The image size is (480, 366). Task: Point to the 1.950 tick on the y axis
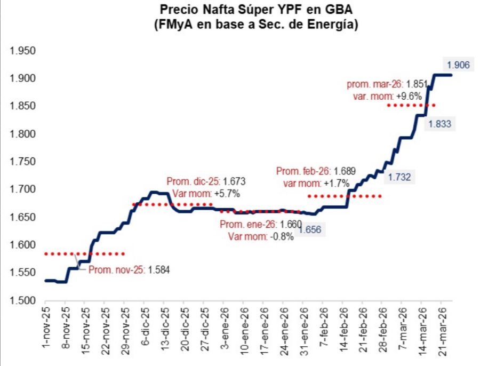click(x=22, y=51)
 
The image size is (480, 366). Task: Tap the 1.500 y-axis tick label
click(x=22, y=300)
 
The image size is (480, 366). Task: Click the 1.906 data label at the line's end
click(x=458, y=65)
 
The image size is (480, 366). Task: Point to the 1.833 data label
click(x=438, y=124)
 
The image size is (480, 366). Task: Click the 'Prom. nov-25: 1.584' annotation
click(x=129, y=270)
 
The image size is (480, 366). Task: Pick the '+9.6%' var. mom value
click(x=409, y=97)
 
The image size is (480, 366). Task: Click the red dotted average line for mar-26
click(x=411, y=105)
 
